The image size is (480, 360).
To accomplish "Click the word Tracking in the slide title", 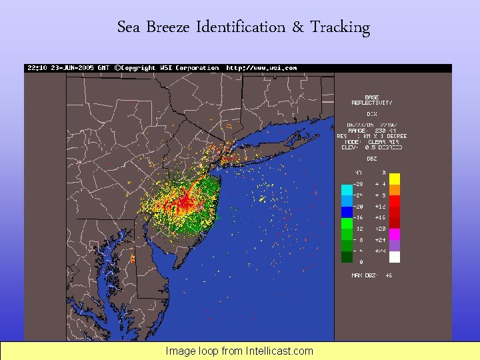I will coord(339,27).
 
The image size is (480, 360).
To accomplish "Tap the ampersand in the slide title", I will coord(297,27).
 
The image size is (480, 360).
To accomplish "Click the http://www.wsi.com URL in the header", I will coord(261,68).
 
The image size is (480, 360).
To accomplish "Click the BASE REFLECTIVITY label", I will coord(372,100).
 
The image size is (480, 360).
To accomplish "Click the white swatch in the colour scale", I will coord(395,257).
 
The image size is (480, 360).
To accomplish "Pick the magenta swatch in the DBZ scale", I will coord(395,234).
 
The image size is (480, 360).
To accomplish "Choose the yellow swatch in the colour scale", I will coord(395,179).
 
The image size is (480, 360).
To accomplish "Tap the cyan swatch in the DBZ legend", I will coord(347,190).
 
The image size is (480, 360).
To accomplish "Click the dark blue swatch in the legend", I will coord(347,212).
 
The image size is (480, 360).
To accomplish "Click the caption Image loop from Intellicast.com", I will coord(239,351).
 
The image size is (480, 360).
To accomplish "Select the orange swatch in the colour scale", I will coord(395,190).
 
